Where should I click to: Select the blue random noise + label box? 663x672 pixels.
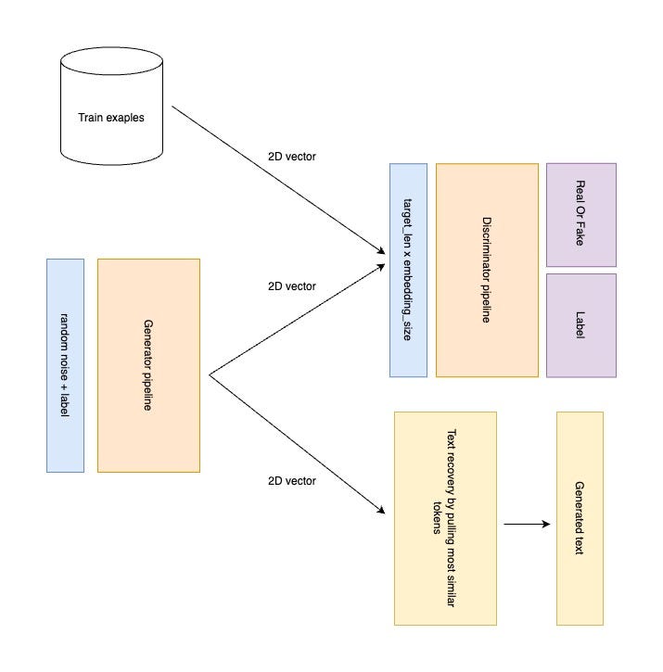(x=65, y=365)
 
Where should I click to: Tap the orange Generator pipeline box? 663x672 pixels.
(x=148, y=365)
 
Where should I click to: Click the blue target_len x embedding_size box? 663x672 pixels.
(x=408, y=270)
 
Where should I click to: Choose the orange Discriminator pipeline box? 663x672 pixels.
(x=486, y=270)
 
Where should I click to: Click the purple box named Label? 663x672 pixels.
(x=580, y=324)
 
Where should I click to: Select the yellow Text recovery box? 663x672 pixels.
(x=444, y=517)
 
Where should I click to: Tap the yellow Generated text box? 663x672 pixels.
(x=580, y=517)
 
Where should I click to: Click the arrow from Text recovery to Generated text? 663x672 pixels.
(x=527, y=524)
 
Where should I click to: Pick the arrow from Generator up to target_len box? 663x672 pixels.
(x=297, y=320)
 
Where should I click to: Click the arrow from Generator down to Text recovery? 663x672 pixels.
(x=297, y=443)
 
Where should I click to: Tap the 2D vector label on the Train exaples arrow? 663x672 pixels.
(x=290, y=157)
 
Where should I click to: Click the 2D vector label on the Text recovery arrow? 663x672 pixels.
(x=290, y=481)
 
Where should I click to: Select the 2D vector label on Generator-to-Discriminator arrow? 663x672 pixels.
(x=290, y=286)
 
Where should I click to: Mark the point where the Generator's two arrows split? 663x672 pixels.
(x=210, y=375)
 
